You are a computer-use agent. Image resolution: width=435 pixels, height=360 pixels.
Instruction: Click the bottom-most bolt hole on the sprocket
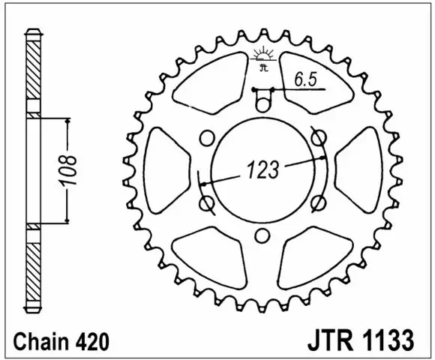click(x=261, y=237)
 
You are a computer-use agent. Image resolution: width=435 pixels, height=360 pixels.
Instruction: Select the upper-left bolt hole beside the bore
click(x=205, y=138)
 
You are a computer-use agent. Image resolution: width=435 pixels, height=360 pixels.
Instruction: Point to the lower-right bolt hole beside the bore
click(x=318, y=201)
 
